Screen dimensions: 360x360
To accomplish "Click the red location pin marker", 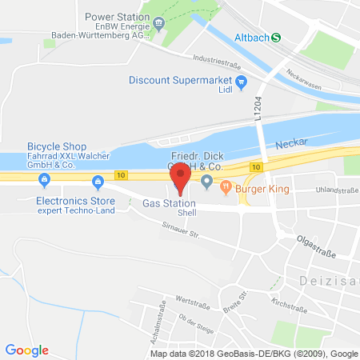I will (182, 177).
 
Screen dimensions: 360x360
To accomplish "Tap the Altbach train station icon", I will (277, 36).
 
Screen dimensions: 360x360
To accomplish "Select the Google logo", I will (26, 350).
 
